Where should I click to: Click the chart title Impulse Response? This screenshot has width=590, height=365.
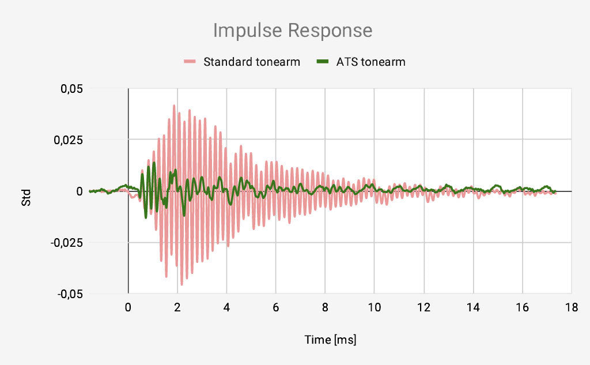293,30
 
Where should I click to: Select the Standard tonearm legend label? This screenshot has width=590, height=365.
251,62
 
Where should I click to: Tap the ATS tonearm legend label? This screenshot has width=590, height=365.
370,62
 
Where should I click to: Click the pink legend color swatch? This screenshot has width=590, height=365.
190,62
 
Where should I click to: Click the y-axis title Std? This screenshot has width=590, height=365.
27,197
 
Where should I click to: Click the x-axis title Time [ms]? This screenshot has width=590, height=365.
330,340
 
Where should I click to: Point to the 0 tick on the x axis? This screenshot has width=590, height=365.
128,307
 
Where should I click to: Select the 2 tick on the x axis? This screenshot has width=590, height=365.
177,307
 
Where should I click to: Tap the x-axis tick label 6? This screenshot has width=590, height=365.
276,307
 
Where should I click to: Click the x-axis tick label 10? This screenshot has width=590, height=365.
375,307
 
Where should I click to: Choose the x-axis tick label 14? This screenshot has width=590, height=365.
473,307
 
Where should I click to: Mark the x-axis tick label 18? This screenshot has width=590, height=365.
572,307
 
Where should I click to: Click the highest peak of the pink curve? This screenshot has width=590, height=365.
174,106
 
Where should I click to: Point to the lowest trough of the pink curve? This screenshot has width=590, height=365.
181,284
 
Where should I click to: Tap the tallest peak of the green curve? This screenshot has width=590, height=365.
154,163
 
